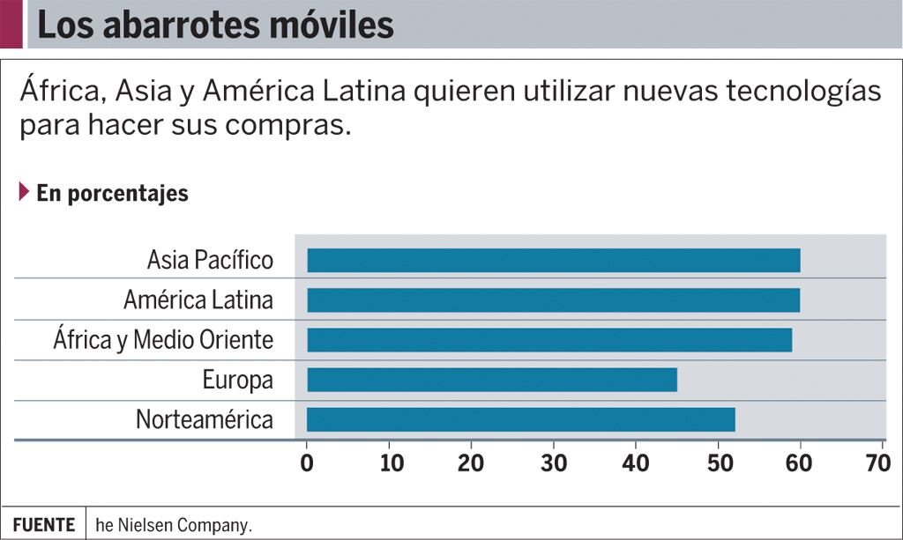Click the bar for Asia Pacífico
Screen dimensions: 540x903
[553, 261]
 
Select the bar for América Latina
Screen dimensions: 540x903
[553, 300]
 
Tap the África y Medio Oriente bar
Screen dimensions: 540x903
[549, 340]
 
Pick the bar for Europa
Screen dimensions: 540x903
[491, 380]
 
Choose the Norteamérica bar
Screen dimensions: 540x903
[520, 420]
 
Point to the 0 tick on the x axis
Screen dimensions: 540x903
[307, 463]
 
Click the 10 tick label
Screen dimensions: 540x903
[391, 463]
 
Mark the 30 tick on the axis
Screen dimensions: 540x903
[554, 463]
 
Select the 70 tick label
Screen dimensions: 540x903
[877, 463]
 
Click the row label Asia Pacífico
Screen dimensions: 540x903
[210, 261]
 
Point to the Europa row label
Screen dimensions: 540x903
[237, 381]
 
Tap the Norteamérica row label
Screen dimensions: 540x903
[205, 420]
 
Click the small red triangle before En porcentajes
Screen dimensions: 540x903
[24, 191]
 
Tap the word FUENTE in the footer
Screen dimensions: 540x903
[43, 525]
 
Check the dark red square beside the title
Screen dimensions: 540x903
[11, 24]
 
